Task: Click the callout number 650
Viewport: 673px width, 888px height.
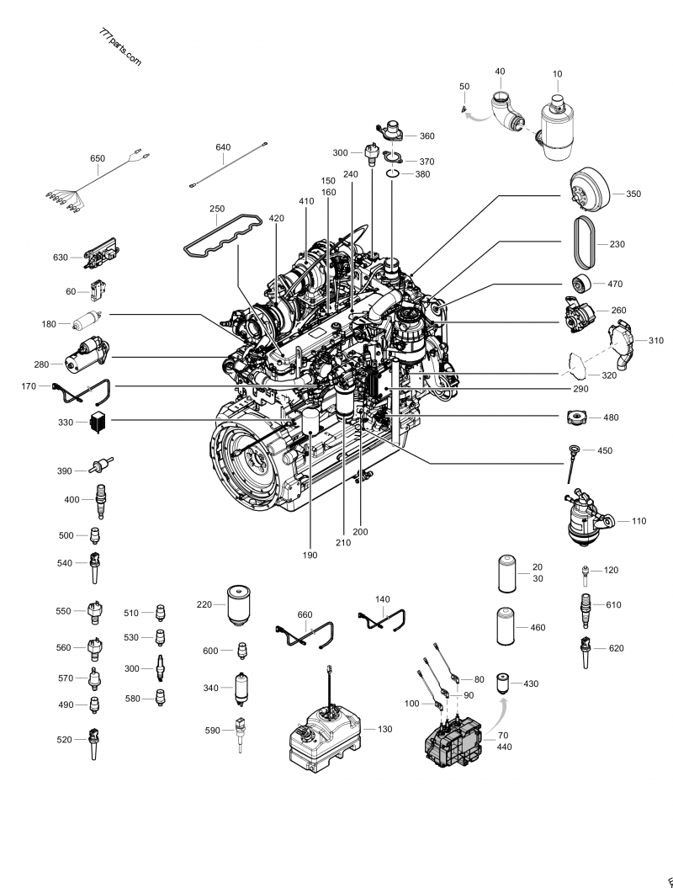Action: [98, 158]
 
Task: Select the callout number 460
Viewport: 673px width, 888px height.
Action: [538, 628]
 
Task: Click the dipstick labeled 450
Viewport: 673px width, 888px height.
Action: [575, 461]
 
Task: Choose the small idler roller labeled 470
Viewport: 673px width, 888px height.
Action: [580, 284]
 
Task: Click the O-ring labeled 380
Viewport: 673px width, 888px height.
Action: [393, 174]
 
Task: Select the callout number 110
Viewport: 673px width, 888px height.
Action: [639, 521]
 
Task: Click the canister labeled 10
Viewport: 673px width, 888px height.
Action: [556, 126]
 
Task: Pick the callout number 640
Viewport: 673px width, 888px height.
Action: [223, 147]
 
